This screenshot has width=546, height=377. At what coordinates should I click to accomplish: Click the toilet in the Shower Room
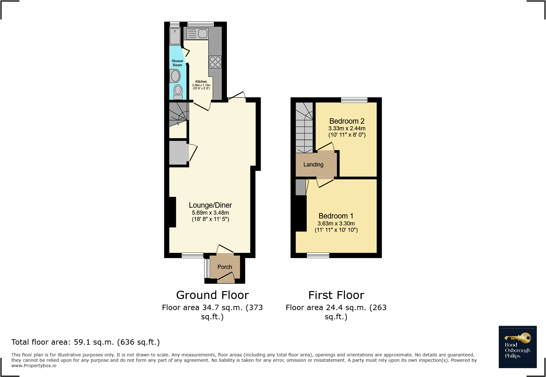click(x=178, y=91)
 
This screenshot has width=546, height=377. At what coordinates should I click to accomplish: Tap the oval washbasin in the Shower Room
click(x=175, y=76)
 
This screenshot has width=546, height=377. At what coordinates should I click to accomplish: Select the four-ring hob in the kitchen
click(x=215, y=62)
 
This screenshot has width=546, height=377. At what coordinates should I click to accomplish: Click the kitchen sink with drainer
click(x=197, y=34)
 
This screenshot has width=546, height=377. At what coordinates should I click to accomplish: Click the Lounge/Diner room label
click(x=210, y=205)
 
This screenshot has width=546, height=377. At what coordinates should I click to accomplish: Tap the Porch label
click(x=224, y=267)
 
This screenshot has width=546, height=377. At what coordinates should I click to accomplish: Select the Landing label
click(x=313, y=165)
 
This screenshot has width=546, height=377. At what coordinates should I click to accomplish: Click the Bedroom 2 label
click(x=347, y=121)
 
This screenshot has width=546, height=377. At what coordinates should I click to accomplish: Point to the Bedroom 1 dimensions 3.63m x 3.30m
click(x=336, y=224)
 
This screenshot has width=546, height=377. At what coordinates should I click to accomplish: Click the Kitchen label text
click(x=201, y=81)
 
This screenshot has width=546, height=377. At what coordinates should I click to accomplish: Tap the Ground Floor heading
click(x=212, y=295)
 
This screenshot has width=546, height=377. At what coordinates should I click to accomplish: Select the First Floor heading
click(x=336, y=295)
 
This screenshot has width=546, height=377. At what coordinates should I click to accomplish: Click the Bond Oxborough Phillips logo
click(x=517, y=347)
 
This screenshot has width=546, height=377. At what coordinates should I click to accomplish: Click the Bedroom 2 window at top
click(x=354, y=100)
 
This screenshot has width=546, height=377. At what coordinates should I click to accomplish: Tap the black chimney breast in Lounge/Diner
click(x=172, y=212)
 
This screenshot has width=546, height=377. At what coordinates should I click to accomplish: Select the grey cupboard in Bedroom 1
click(x=300, y=187)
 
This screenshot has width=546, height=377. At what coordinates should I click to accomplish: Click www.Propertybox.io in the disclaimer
click(x=34, y=366)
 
